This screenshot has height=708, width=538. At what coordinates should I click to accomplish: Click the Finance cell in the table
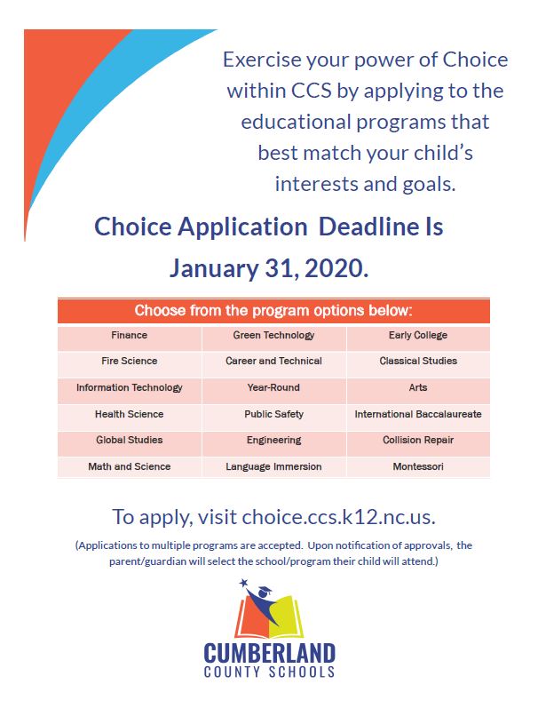point(130,336)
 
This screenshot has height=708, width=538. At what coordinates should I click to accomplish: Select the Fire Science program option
point(130,362)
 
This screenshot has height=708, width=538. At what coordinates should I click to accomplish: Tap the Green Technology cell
point(274,336)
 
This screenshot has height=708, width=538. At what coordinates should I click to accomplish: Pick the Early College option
point(418,336)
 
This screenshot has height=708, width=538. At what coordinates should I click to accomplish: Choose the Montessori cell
point(418,466)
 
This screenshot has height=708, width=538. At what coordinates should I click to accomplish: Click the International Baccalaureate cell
point(418,414)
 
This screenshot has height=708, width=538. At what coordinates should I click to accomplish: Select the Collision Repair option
point(418,441)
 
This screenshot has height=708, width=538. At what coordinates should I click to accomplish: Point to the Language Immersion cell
point(274,466)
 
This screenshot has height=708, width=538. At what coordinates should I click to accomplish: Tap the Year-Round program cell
point(274,387)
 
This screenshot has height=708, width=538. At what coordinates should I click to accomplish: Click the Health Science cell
point(130,414)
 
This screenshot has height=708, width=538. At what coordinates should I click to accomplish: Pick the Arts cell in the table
point(418,387)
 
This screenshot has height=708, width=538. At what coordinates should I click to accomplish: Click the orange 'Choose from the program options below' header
point(273,311)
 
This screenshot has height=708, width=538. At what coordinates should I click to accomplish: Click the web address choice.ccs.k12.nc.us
point(338,517)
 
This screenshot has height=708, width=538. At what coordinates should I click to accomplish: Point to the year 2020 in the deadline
point(336,268)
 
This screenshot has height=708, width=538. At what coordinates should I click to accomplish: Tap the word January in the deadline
point(214,269)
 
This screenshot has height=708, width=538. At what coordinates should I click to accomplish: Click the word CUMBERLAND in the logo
point(270,653)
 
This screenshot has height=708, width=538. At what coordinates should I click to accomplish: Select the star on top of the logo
point(244,583)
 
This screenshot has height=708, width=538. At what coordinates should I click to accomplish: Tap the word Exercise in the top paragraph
point(262,60)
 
